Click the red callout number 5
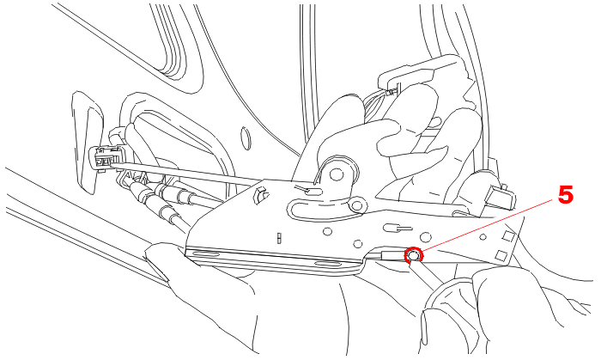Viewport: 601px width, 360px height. (x=565, y=195)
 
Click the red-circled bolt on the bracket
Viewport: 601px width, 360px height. (x=413, y=255)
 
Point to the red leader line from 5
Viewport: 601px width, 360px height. (x=489, y=225)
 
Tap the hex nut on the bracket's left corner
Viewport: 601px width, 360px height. (x=261, y=192)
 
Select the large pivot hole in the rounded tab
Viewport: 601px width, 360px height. (x=337, y=174)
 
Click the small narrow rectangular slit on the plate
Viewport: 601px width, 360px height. (x=279, y=238)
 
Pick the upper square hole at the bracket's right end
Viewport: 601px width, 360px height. (x=508, y=235)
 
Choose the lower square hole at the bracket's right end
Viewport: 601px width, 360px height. (x=501, y=255)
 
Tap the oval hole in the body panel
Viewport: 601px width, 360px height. (x=246, y=138)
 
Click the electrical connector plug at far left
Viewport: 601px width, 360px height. (x=106, y=158)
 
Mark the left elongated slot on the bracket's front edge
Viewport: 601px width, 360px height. (x=203, y=253)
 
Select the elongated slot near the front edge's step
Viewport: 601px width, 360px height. (x=329, y=264)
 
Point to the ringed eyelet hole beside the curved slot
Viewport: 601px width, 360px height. (x=357, y=206)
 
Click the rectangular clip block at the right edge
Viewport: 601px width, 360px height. (x=500, y=197)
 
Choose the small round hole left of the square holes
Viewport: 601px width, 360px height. (x=483, y=237)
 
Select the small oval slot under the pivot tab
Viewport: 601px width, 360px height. (x=313, y=191)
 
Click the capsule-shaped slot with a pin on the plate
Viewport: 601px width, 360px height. (x=398, y=229)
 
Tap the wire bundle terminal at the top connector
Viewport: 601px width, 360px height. (x=391, y=93)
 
